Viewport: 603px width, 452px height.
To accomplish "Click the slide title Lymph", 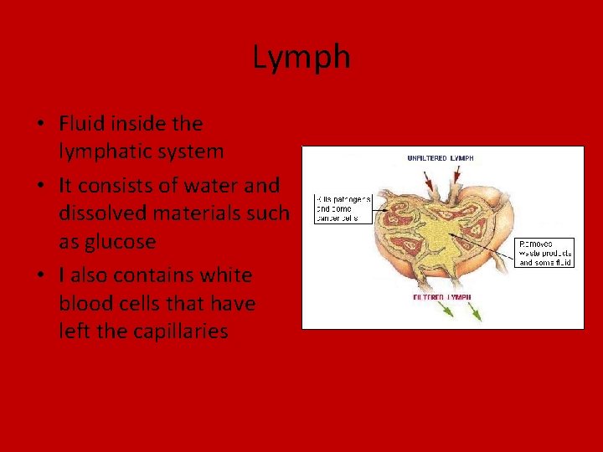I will tap(301, 57).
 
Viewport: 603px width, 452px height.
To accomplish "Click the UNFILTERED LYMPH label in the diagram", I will tap(440, 157).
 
